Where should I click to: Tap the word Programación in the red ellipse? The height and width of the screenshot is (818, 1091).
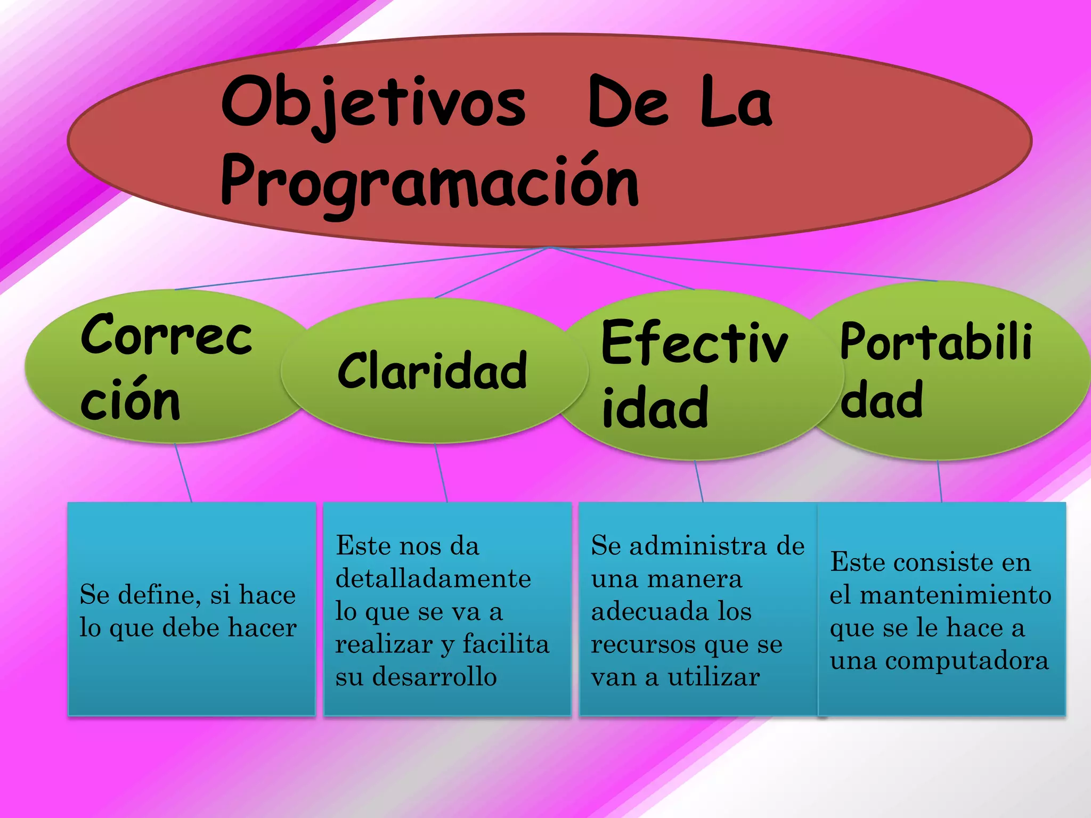pos(429,181)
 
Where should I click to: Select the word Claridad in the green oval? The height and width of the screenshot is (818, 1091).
pos(433,371)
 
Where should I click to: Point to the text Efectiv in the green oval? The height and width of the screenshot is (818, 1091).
pos(694,343)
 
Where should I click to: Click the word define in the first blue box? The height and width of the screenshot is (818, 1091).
pos(159,595)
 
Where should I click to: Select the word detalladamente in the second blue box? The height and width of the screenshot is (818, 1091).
pos(433,579)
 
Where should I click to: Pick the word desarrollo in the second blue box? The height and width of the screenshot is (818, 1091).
pos(434,677)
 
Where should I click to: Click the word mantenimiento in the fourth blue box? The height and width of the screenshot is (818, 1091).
pos(956,595)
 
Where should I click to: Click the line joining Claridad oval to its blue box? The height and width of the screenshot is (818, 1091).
pos(441,473)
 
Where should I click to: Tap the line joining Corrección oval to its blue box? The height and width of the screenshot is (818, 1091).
pos(183,473)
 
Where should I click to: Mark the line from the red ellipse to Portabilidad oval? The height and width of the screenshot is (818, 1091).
pos(746,264)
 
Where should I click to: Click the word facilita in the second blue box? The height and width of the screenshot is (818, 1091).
pos(506,644)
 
